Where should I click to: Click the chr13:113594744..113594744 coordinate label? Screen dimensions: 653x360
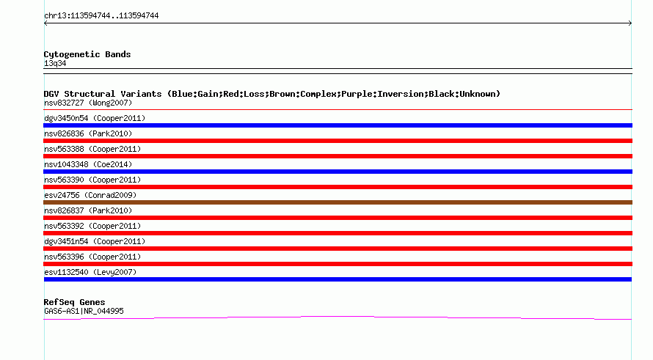click(101, 16)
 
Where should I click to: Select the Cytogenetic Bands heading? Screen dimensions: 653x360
click(87, 54)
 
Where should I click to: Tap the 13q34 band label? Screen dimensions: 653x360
click(55, 63)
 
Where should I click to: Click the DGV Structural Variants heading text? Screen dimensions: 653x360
click(272, 94)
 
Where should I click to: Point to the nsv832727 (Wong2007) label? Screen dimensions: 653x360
click(88, 103)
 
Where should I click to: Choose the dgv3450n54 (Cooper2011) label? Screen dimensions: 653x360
click(95, 118)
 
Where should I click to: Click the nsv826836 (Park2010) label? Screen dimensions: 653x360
click(88, 133)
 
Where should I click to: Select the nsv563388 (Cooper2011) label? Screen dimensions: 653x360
click(92, 149)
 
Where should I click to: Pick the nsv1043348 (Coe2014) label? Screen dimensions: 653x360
click(88, 164)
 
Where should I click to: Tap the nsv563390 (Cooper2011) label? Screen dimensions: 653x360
click(92, 180)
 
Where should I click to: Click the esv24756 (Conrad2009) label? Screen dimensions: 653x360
click(90, 195)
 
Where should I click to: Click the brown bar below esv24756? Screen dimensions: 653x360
click(338, 202)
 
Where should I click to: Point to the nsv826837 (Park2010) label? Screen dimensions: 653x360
click(88, 210)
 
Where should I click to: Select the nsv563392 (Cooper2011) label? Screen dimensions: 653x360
click(92, 226)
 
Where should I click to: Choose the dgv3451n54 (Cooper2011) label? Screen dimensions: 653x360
click(95, 241)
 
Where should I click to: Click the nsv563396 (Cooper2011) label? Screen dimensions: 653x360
click(92, 257)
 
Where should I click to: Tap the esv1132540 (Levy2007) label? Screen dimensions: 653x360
click(90, 272)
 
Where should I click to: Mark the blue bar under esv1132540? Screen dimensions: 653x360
click(338, 279)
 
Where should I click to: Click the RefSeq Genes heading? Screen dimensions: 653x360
click(74, 302)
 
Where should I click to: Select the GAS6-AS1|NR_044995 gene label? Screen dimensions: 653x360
click(84, 311)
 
